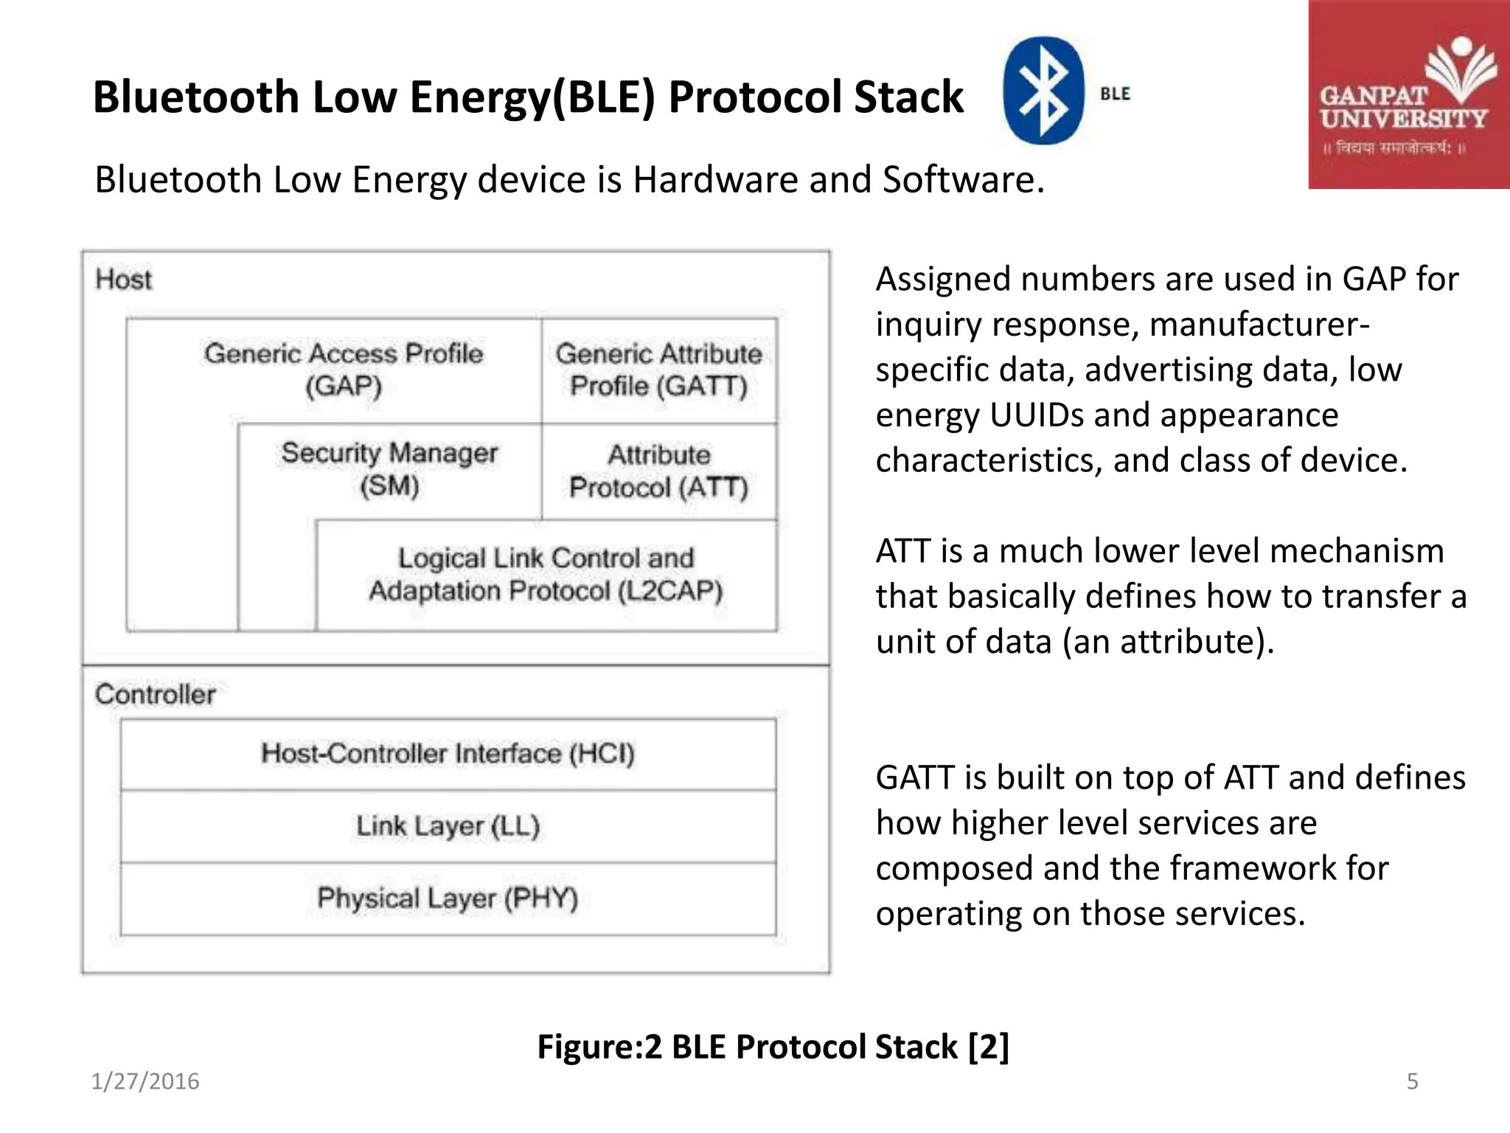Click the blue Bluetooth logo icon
pyautogui.click(x=1043, y=91)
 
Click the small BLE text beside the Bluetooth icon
pyautogui.click(x=1115, y=94)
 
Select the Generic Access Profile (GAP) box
pyautogui.click(x=344, y=370)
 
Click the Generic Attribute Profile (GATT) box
pyautogui.click(x=658, y=370)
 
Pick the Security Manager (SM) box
pyautogui.click(x=389, y=469)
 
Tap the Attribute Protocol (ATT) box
pyautogui.click(x=658, y=471)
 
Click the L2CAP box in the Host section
pyautogui.click(x=546, y=575)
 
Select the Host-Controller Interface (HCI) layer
pyautogui.click(x=448, y=753)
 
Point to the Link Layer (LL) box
pyautogui.click(x=448, y=825)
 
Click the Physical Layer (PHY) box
pyautogui.click(x=448, y=898)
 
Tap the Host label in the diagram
pyautogui.click(x=123, y=280)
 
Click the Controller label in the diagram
pyautogui.click(x=155, y=694)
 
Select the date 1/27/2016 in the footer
pyautogui.click(x=145, y=1081)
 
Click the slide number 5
pyautogui.click(x=1412, y=1081)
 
